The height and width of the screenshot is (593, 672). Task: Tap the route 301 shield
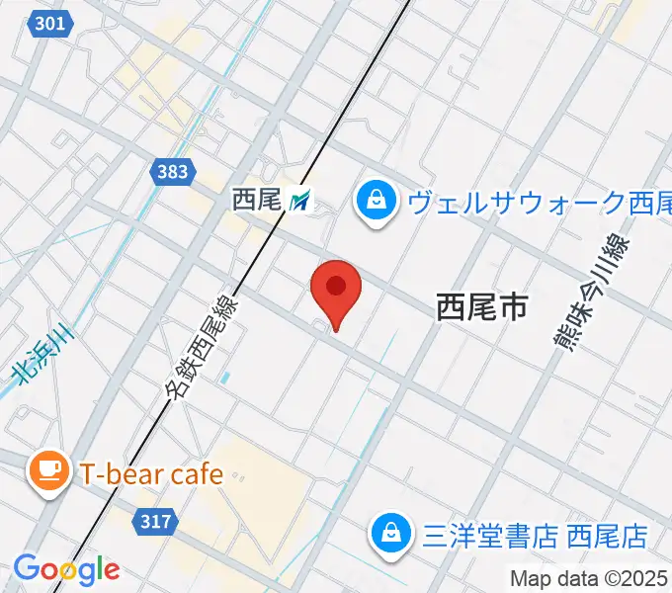(51, 23)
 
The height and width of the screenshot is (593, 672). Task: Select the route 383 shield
(171, 173)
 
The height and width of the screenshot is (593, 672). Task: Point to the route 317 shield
(155, 522)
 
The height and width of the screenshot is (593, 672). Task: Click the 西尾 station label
(257, 201)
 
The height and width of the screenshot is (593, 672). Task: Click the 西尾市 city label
(481, 307)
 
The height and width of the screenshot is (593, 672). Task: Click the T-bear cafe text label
(151, 474)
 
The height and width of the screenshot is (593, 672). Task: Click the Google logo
(66, 568)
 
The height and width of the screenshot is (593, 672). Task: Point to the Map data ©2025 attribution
(589, 578)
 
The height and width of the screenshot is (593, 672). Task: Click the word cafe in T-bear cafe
(194, 474)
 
